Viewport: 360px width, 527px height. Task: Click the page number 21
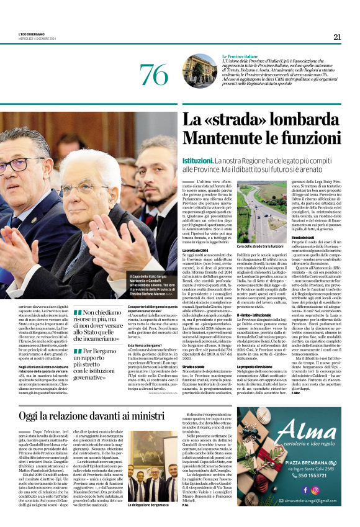pos(337,37)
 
